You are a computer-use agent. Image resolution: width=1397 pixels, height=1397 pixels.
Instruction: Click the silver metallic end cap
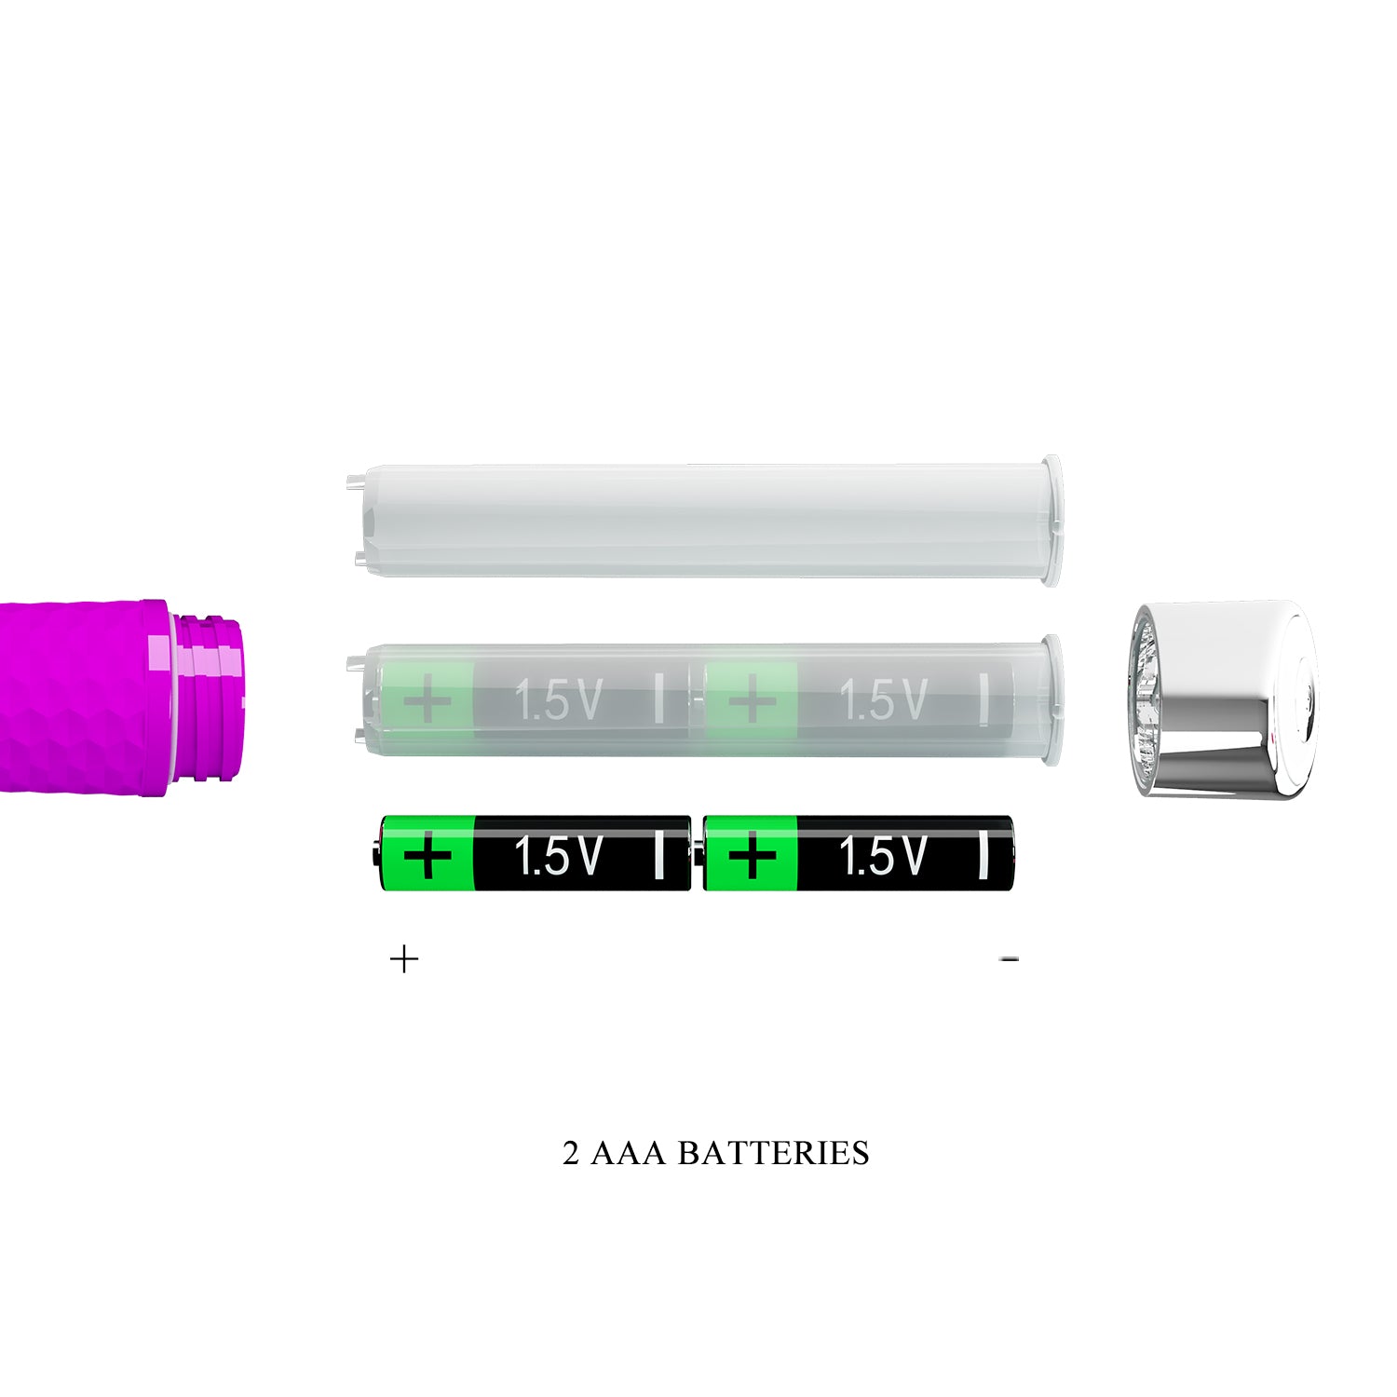(1222, 698)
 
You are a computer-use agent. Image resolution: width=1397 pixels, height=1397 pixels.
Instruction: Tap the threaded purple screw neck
(209, 696)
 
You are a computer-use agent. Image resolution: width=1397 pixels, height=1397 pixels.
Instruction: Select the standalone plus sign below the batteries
(404, 959)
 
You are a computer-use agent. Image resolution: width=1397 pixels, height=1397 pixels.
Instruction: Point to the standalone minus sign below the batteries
(1010, 959)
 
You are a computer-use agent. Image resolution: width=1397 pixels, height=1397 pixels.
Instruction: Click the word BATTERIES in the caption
(773, 1153)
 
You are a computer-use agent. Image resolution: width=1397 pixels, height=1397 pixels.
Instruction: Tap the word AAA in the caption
(628, 1153)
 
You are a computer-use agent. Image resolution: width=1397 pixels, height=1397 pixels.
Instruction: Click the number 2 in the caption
(571, 1153)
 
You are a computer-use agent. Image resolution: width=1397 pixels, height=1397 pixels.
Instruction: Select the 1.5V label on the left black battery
(558, 855)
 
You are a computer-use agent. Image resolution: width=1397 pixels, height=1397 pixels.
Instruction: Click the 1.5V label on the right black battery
(882, 855)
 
